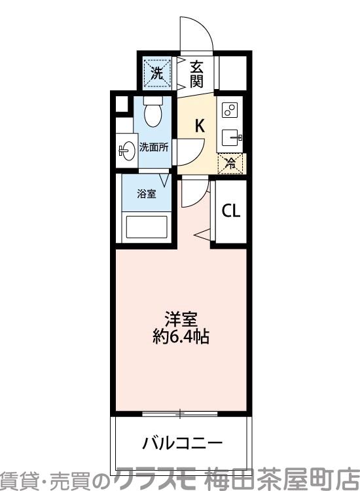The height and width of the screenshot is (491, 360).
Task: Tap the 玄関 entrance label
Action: tap(196, 74)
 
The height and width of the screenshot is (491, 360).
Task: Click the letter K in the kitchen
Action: tap(200, 125)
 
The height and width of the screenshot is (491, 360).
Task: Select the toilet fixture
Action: tap(153, 113)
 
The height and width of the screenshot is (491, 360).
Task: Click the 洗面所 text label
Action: tap(154, 147)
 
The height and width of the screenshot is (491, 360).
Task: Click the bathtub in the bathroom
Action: tap(147, 228)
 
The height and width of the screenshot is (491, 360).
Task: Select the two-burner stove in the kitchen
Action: tap(229, 110)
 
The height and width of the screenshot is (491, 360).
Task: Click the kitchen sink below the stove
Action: tap(230, 137)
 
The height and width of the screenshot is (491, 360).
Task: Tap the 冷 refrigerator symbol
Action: tap(230, 164)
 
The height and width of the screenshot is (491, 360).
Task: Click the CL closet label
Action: tap(230, 211)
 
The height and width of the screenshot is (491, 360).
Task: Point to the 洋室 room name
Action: tap(181, 321)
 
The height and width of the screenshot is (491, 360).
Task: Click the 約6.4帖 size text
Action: tap(181, 338)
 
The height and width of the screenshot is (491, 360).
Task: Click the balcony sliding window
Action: tap(181, 413)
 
